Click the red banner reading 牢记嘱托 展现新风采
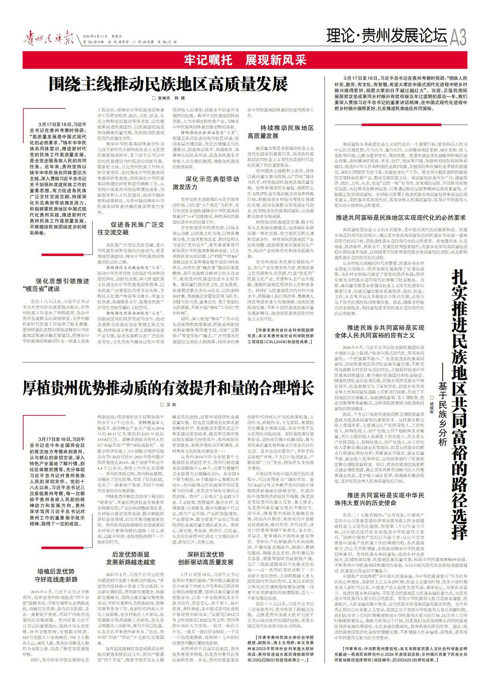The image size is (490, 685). click(245, 60)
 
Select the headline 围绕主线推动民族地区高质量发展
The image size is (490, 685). click(168, 84)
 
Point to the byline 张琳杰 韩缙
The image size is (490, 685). click(168, 98)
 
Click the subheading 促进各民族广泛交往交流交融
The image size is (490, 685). click(131, 228)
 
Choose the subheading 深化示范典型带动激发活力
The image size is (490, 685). click(206, 183)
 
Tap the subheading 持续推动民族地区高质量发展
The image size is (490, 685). click(281, 132)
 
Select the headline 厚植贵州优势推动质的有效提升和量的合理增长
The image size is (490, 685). click(168, 388)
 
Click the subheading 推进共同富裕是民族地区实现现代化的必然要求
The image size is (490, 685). click(401, 218)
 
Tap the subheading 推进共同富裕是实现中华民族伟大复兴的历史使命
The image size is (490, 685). click(380, 499)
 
